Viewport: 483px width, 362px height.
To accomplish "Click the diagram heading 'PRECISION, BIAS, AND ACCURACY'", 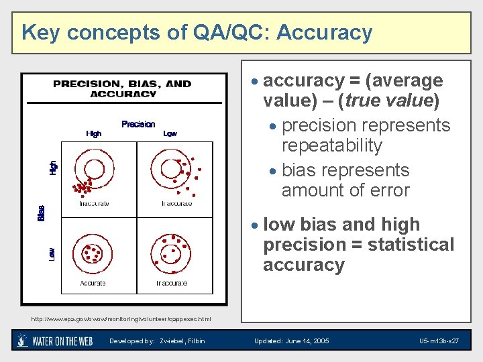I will pos(122,88).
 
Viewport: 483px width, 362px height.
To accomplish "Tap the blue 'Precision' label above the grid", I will pos(138,124).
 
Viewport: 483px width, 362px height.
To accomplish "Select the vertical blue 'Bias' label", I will pos(41,213).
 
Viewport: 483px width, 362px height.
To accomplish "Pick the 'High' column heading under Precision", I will pos(94,133).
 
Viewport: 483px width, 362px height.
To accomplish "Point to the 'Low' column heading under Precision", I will pos(170,133).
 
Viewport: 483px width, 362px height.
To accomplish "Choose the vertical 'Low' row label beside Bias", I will pos(53,253).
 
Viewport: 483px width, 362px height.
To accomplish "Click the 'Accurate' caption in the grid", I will pos(93,284).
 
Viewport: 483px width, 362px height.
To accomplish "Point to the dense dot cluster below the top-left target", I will pos(83,187).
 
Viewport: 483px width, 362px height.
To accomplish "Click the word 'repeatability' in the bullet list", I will pos(332,145).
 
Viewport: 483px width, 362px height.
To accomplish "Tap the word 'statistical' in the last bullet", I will pos(410,245).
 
